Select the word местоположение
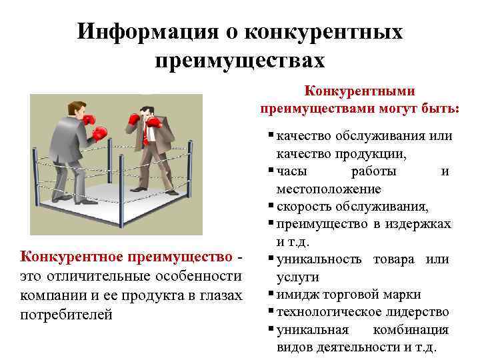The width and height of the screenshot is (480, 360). click(329, 189)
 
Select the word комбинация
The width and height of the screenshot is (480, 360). click(411, 330)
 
